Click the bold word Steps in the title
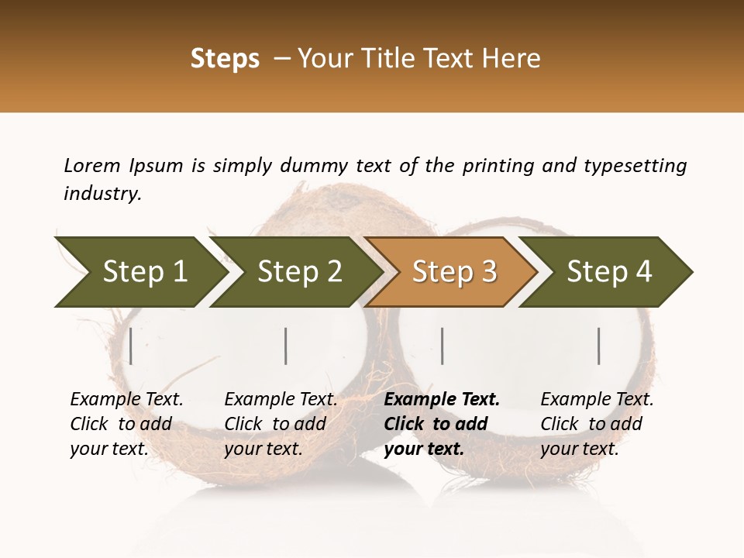coord(225,59)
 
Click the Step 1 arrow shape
coord(139,271)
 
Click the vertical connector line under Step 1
coord(131,346)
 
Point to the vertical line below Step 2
coord(286,346)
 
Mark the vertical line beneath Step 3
coord(442,346)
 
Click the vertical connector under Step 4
coord(598,346)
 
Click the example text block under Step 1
coord(126,424)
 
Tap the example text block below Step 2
coord(281,424)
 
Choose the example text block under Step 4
coord(597,424)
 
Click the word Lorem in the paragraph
coord(92,165)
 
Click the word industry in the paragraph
coord(102,194)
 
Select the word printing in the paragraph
coord(495,166)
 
